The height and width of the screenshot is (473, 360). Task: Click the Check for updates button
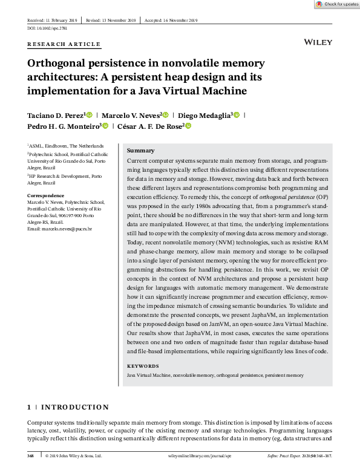pos(337,4)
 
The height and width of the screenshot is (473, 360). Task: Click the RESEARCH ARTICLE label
pos(64,44)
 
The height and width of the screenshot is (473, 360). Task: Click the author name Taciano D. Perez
pos(55,115)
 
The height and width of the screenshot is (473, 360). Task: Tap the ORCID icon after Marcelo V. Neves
pos(165,115)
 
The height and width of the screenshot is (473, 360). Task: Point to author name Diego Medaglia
pos(204,115)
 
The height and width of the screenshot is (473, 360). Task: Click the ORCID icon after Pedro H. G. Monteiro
pos(105,126)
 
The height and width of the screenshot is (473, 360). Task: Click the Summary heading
pos(141,151)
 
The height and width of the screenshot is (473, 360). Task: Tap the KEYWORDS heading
pos(143,366)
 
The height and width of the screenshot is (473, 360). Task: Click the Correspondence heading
pos(46,195)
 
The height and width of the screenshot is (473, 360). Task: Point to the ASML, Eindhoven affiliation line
pos(65,146)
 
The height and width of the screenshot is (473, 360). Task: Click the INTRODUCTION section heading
pos(74,407)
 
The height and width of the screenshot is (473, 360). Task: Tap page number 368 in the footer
pos(31,455)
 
